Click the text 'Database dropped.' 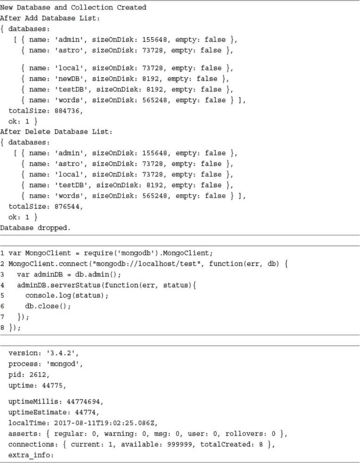(35, 228)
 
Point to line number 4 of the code (2, 285)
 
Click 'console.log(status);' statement (67, 295)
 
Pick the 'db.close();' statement (48, 306)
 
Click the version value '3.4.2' (63, 353)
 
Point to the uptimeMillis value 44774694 (85, 402)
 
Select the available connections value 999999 (180, 444)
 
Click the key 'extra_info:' (31, 455)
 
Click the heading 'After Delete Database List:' (56, 132)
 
